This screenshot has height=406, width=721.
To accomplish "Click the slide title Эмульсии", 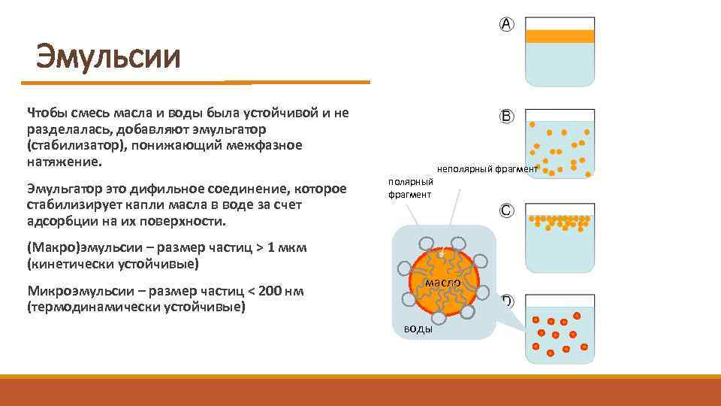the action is coord(109,56).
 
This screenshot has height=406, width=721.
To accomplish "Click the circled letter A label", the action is coord(507,24).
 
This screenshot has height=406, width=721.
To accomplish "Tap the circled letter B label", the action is coord(507,117).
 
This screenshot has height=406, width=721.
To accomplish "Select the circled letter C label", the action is coord(507,211).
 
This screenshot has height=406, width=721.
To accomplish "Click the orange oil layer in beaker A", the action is coord(560,35).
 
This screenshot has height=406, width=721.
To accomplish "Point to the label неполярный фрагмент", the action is coord(487,169).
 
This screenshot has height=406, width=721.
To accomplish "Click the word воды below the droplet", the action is coord(418,329).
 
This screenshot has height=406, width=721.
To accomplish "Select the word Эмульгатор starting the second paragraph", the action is coord(65,187).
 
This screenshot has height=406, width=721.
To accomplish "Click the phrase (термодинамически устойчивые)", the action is coord(136,308).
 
